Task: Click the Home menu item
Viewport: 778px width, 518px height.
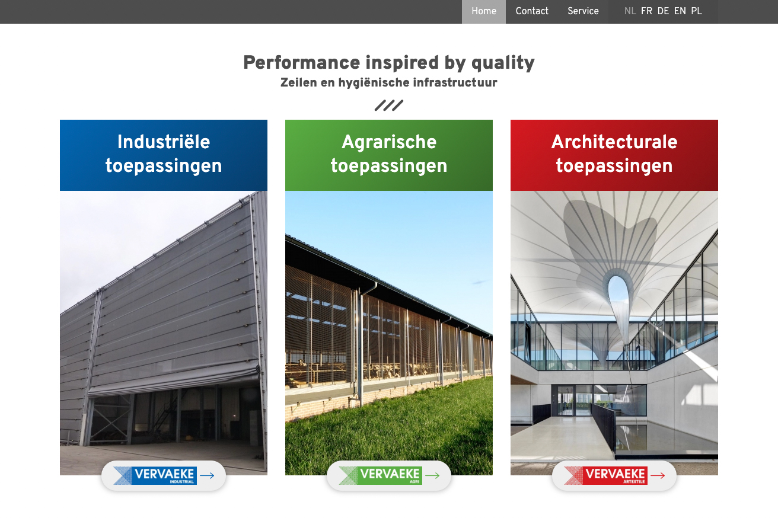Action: (x=484, y=11)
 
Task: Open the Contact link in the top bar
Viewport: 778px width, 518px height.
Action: (x=532, y=11)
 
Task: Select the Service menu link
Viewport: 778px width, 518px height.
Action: (x=583, y=11)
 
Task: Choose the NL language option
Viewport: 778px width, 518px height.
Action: (x=630, y=11)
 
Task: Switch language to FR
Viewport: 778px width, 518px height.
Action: (x=646, y=11)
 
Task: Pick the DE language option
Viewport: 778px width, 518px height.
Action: (x=663, y=11)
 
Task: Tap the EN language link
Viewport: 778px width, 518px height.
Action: (x=680, y=11)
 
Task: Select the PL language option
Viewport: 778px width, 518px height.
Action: (x=696, y=11)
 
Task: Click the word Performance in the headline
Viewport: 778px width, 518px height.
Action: (x=302, y=63)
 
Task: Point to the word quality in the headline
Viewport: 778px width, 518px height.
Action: (x=503, y=63)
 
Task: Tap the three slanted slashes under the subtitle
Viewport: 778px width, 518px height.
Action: (x=389, y=105)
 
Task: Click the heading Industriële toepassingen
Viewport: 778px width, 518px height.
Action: (x=164, y=154)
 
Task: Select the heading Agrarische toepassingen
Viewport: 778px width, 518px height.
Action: (x=389, y=154)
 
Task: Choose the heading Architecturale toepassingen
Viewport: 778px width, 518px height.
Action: (x=614, y=154)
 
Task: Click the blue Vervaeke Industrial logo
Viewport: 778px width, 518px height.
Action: (x=155, y=475)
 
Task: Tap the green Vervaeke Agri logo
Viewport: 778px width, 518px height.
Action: (x=380, y=475)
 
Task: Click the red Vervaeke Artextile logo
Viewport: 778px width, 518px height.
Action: (x=605, y=475)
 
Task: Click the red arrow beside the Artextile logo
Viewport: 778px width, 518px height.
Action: (x=658, y=475)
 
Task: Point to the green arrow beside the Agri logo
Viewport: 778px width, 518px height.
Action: (x=432, y=475)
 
